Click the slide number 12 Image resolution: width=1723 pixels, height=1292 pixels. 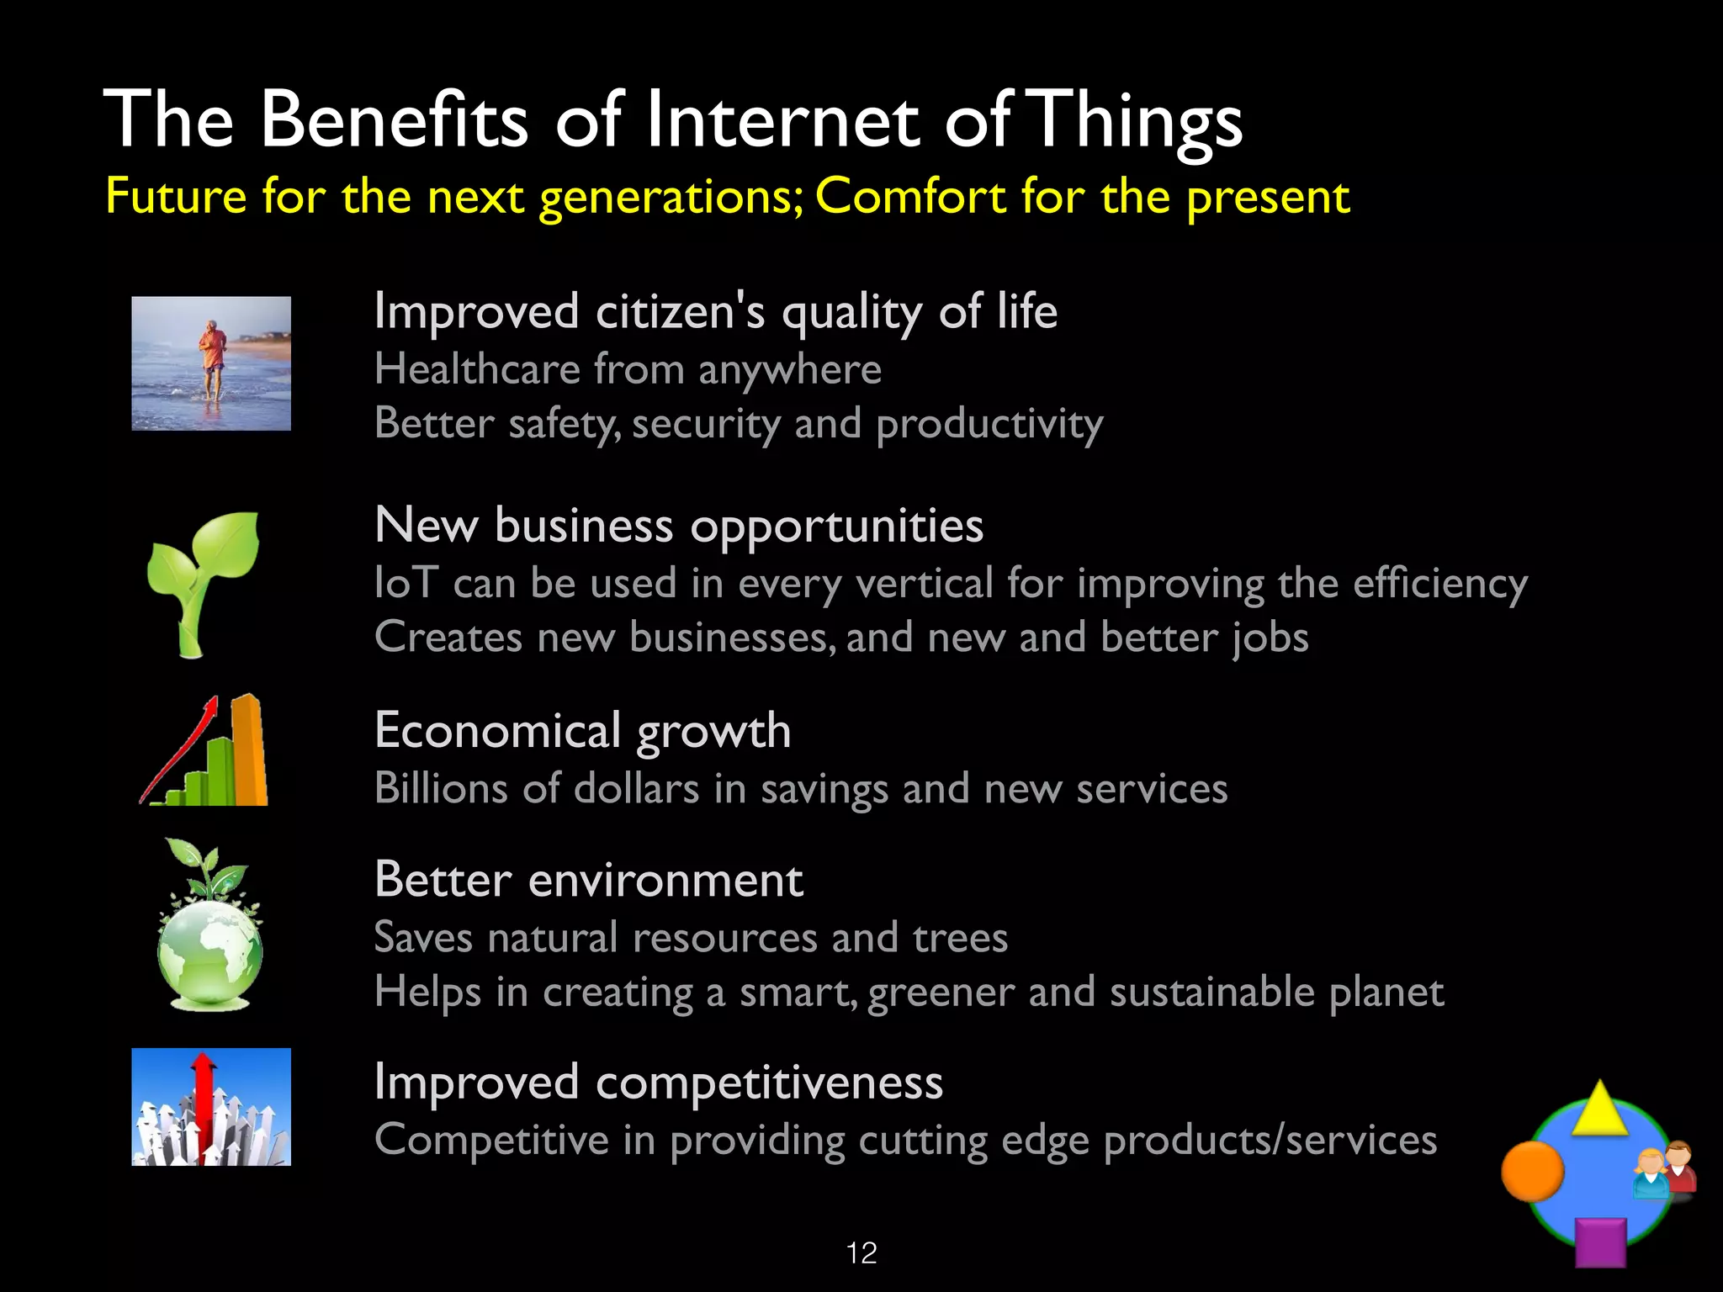click(x=861, y=1253)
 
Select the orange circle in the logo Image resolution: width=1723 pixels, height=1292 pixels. click(x=1532, y=1170)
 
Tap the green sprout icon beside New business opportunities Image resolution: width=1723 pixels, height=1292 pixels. click(x=203, y=580)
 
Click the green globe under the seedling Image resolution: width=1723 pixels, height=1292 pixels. click(x=209, y=950)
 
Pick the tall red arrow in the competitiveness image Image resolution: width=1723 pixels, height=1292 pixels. click(x=203, y=1102)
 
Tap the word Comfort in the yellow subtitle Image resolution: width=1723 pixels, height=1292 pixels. click(x=910, y=197)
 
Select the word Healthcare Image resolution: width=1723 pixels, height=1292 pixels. click(x=477, y=369)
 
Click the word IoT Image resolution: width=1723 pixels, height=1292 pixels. click(x=406, y=583)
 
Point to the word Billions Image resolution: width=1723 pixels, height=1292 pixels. click(x=441, y=789)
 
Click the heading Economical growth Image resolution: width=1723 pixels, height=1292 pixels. click(x=582, y=730)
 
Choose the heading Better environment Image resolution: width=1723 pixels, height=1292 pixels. click(x=588, y=880)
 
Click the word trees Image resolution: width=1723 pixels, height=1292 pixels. click(x=959, y=938)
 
